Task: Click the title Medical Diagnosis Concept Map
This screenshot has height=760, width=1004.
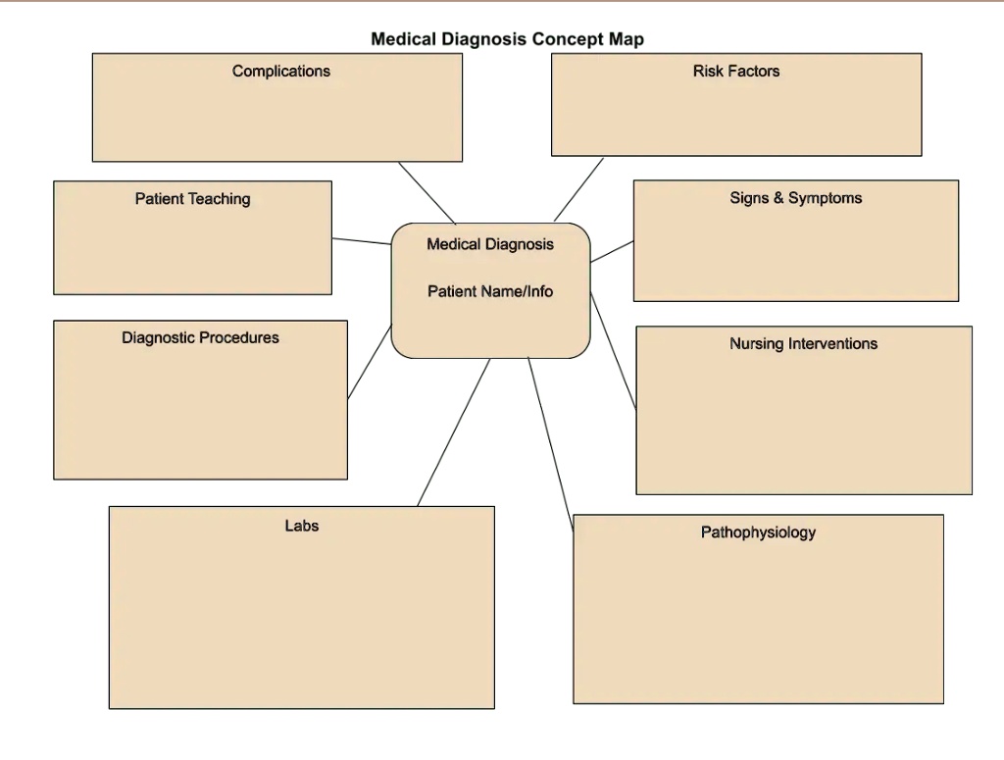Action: point(507,40)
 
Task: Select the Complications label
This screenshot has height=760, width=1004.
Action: point(281,71)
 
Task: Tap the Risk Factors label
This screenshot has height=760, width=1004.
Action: point(735,71)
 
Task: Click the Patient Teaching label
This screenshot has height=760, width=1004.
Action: point(192,199)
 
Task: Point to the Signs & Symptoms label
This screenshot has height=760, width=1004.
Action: point(795,198)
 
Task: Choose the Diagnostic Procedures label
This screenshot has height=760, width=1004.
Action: point(200,338)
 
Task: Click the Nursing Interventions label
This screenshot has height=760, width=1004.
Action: point(803,344)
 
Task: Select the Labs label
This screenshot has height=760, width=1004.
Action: point(301,526)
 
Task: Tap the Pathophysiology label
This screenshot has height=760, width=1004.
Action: point(758,532)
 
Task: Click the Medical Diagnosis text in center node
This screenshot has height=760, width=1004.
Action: point(489,244)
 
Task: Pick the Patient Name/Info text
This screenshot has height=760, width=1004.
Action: point(490,291)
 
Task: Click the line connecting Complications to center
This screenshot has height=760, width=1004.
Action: point(427,193)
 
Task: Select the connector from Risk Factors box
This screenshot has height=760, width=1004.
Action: point(579,189)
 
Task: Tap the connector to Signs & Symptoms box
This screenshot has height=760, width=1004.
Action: point(612,251)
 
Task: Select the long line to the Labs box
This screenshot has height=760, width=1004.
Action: point(453,432)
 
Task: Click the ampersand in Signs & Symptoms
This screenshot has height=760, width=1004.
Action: point(778,198)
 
